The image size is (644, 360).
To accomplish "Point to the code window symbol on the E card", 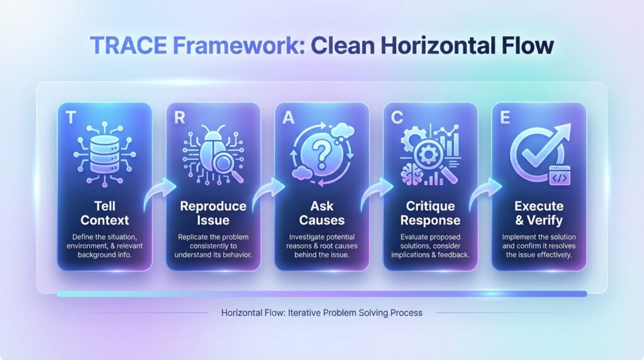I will (x=560, y=178).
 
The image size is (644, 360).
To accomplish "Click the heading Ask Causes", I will (x=321, y=213).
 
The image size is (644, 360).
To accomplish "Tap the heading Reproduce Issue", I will (x=213, y=213).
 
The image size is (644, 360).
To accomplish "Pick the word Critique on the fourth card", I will (x=430, y=206).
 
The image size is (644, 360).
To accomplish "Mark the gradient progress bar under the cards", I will (x=321, y=293).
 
